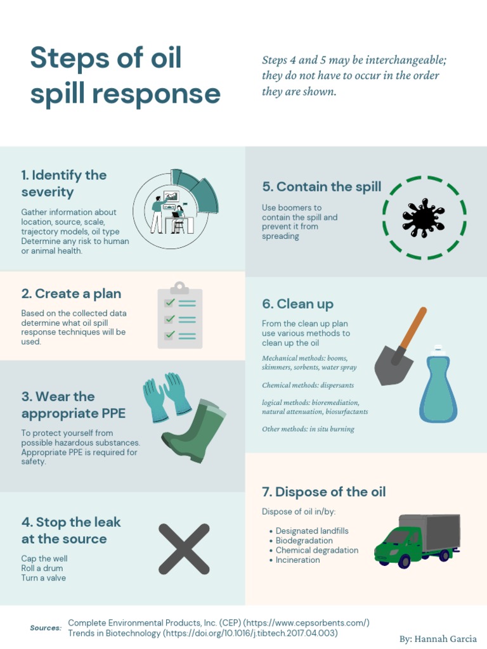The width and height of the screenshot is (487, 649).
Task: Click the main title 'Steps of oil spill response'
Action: pos(125,76)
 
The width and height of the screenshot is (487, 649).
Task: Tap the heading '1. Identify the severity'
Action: pos(63,183)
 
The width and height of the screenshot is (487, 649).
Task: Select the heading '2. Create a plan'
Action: pos(71,293)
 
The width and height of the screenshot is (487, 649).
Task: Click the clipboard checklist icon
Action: pos(180,316)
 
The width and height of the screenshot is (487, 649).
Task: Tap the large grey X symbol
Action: pos(184,549)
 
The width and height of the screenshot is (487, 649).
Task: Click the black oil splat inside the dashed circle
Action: pos(424,219)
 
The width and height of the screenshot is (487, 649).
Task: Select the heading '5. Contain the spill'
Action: pos(321,186)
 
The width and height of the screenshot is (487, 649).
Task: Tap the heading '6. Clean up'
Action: pos(297,304)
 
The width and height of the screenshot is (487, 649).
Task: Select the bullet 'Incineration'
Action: pos(297,560)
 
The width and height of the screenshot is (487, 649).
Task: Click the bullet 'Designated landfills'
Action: pos(312,531)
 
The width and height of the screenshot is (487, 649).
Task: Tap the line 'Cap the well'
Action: pos(44,558)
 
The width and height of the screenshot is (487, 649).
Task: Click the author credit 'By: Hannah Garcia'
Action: pos(438,639)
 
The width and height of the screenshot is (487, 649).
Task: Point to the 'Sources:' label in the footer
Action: pos(46,628)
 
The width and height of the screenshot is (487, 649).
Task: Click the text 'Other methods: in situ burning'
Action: pos(308,429)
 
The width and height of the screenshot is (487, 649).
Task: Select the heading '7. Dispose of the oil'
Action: pos(323,492)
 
